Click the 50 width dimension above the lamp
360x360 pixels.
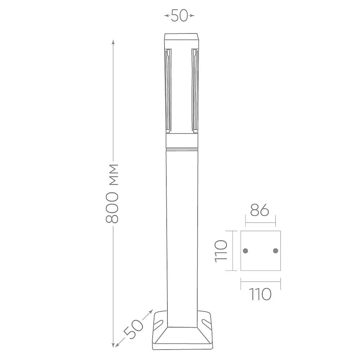coord(179,15)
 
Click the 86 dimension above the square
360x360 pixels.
coord(260,210)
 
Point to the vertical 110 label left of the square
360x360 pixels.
coord(221,251)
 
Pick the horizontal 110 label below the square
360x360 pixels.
coord(260,294)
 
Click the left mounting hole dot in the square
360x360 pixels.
coord(246,251)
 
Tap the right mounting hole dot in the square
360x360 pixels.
coord(275,251)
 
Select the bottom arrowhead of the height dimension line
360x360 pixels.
coord(113,345)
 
